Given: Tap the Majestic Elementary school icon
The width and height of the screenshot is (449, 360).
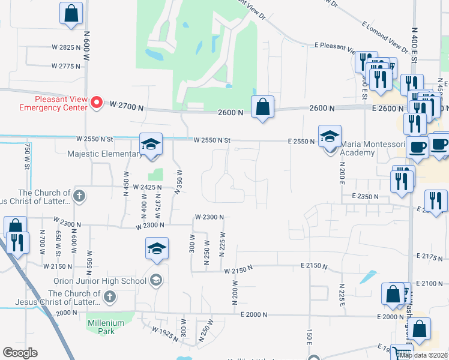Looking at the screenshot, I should [x=151, y=144].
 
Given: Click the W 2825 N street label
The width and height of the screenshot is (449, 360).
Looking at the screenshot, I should [x=66, y=47].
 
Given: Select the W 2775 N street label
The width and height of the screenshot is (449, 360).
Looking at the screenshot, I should [x=66, y=65].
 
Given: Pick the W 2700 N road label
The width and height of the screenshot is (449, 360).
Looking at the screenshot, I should [x=127, y=104].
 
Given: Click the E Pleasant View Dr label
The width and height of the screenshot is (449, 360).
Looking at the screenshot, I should [x=344, y=45].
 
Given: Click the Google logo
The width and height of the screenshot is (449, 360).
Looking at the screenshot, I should [x=20, y=353].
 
